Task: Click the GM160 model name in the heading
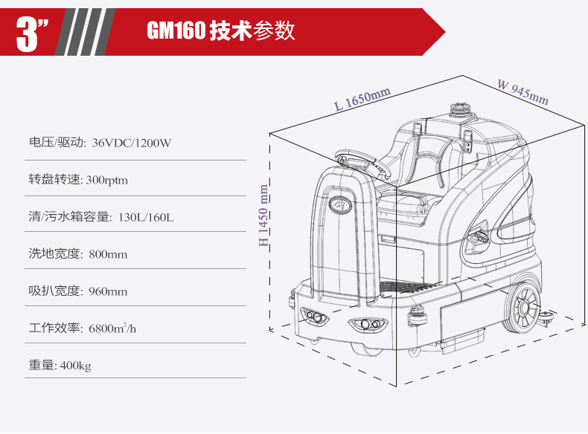[x=176, y=30]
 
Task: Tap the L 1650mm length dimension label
[x=362, y=99]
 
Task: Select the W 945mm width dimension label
[x=523, y=91]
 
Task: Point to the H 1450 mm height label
[x=263, y=215]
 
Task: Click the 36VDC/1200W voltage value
[x=132, y=143]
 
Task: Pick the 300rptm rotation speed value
[x=107, y=180]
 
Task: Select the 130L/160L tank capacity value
[x=146, y=217]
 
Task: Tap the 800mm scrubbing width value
[x=108, y=255]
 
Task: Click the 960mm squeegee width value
[x=108, y=292]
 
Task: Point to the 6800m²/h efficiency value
[x=112, y=328]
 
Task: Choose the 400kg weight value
[x=75, y=366]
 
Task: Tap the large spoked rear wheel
[x=522, y=308]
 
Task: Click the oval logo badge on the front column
[x=339, y=205]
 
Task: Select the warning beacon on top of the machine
[x=460, y=110]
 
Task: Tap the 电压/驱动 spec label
[x=56, y=143]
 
